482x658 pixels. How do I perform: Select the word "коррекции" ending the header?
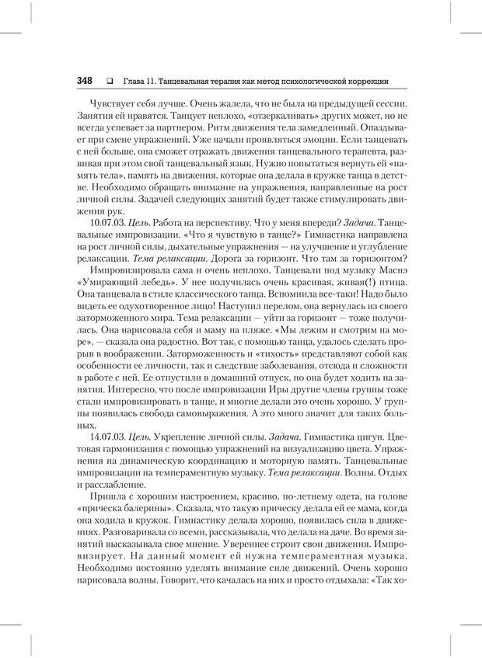coord(368,81)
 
